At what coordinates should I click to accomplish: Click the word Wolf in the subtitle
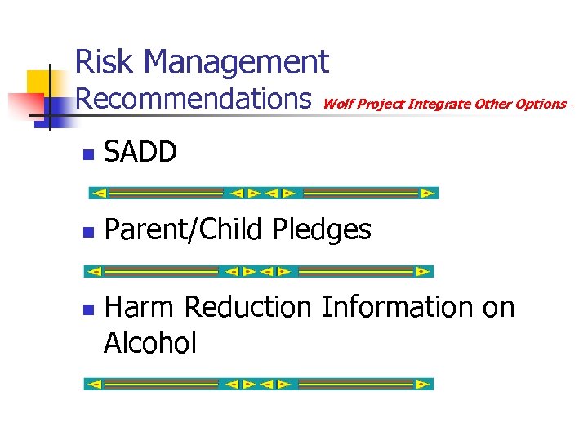338,104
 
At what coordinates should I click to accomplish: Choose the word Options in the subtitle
539,104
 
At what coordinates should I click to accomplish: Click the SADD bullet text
140,153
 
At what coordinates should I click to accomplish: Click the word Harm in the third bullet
140,307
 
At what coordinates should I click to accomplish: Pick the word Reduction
248,307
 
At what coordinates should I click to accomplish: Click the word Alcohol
150,343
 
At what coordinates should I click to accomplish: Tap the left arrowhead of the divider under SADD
99,194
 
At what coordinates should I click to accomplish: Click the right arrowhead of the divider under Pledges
421,271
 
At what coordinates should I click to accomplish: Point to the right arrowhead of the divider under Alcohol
421,384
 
